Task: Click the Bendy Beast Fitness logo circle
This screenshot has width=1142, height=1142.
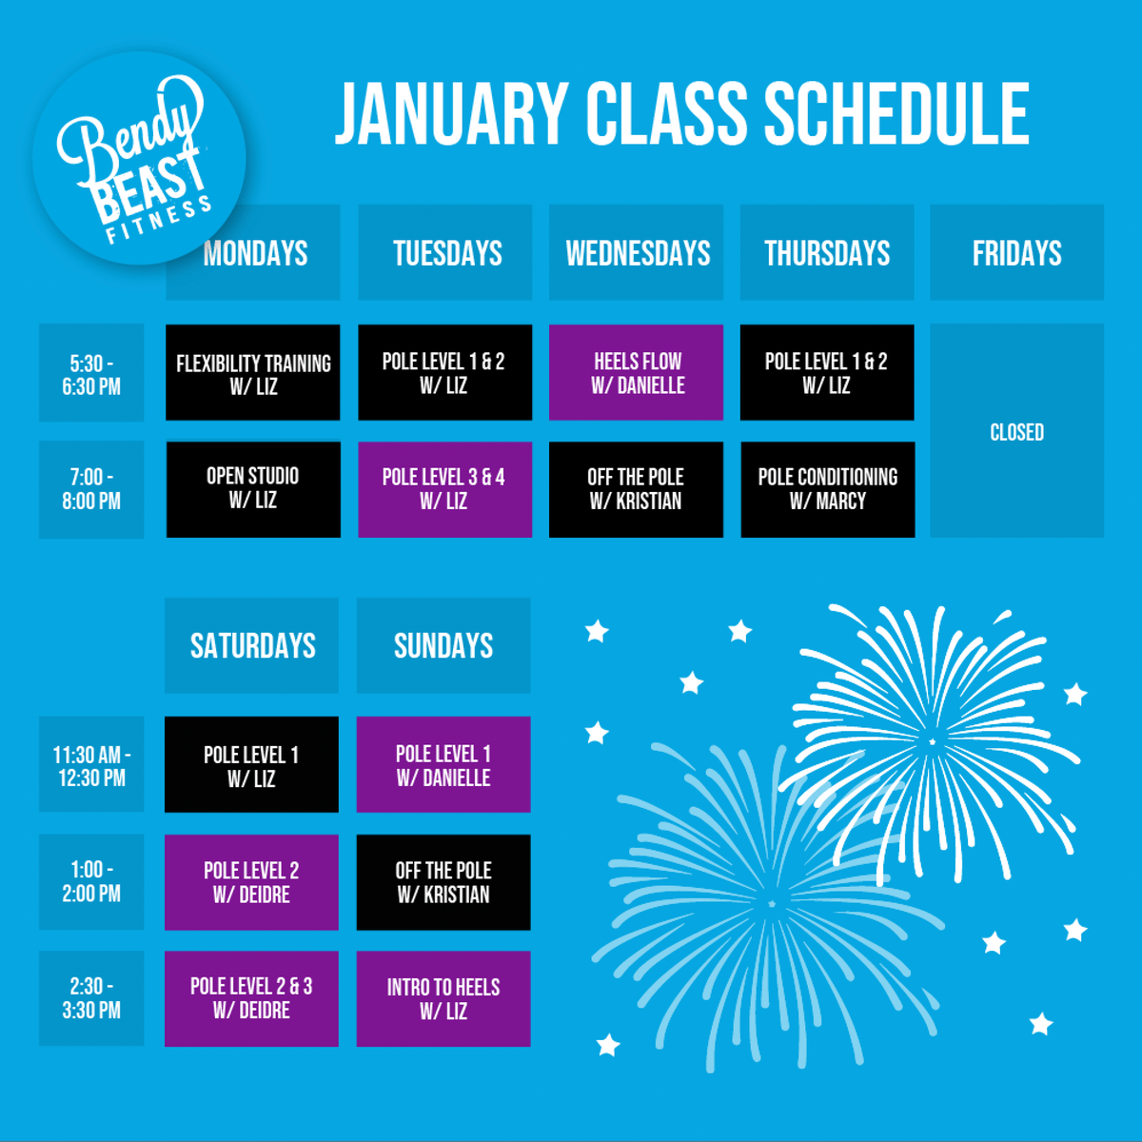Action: click(139, 158)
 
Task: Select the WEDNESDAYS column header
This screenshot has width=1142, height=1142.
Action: click(636, 252)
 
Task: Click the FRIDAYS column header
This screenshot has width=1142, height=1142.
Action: click(1017, 252)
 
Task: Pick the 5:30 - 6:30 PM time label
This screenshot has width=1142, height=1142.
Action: click(91, 373)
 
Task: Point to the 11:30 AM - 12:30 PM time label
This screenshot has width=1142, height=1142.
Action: click(91, 764)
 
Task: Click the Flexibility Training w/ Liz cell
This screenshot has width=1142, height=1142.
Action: click(253, 372)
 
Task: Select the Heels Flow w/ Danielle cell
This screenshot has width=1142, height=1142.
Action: click(636, 372)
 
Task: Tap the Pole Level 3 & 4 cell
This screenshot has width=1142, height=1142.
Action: click(445, 489)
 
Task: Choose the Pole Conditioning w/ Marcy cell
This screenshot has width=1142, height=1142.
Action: click(828, 489)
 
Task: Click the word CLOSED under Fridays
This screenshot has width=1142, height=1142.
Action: click(1017, 432)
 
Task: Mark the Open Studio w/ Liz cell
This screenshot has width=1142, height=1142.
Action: click(254, 489)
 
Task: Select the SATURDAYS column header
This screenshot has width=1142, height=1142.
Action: click(252, 645)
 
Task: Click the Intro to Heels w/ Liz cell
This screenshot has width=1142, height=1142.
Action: click(443, 999)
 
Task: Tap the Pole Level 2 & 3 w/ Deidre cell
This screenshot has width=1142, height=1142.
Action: click(252, 999)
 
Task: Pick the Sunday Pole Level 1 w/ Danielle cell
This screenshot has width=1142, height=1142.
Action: click(443, 764)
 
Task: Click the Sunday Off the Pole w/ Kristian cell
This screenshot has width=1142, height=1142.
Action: click(443, 882)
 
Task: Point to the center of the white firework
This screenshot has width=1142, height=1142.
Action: click(932, 741)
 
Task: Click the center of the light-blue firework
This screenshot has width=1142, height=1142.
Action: click(771, 904)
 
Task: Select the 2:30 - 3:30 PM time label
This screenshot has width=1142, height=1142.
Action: click(91, 998)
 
